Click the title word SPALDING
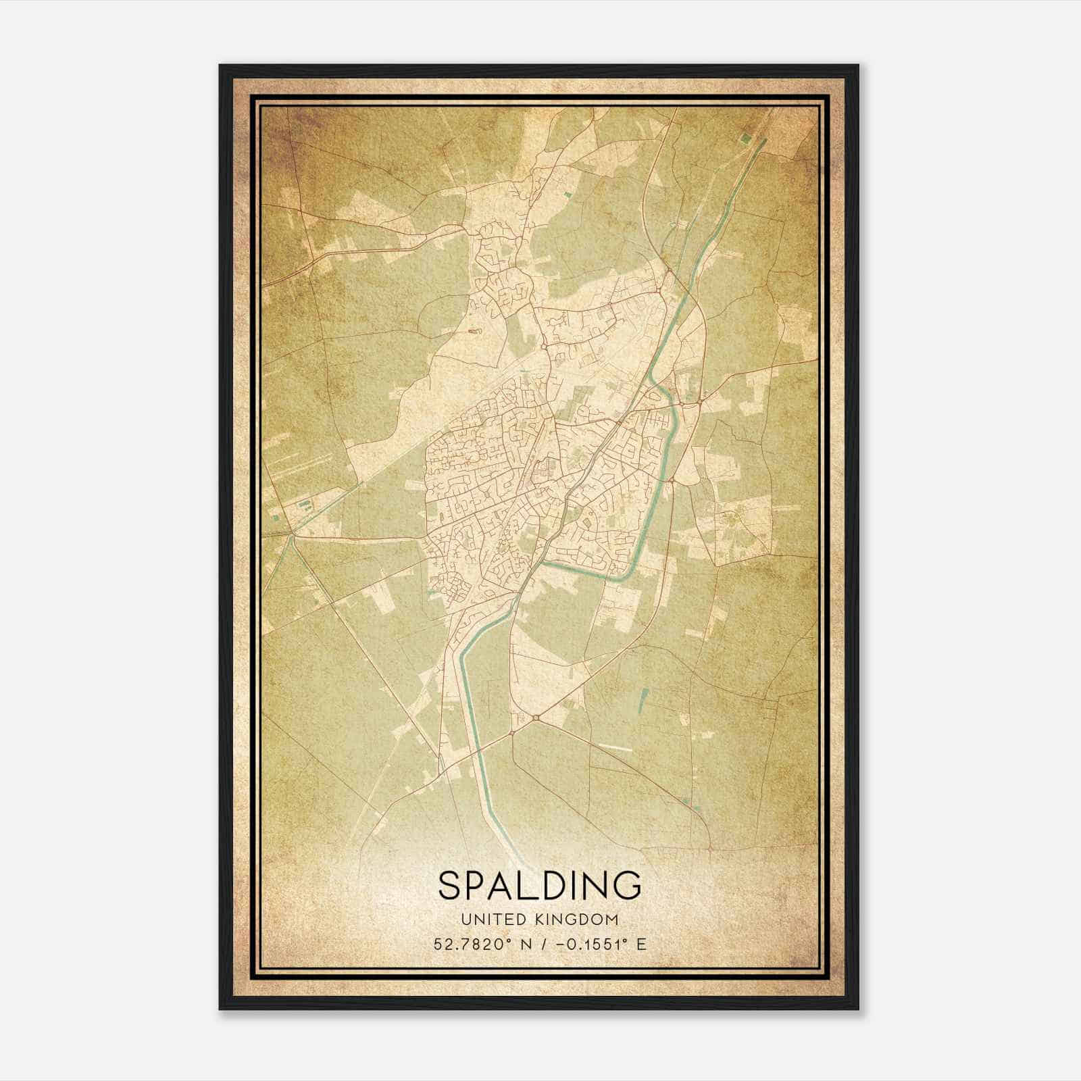[x=539, y=885]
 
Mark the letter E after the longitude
[x=640, y=944]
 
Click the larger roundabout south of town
[x=536, y=718]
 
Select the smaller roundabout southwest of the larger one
[x=512, y=732]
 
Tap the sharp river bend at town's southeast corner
[x=625, y=576]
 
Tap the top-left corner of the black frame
[x=220, y=66]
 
